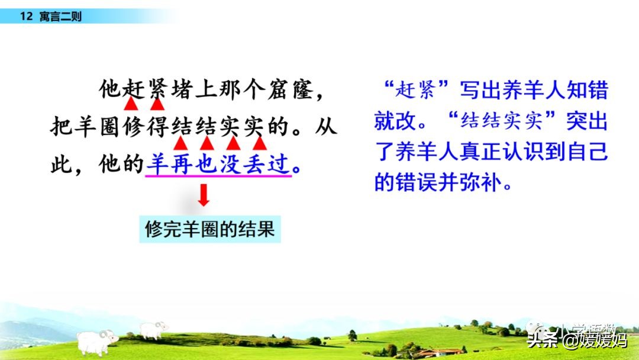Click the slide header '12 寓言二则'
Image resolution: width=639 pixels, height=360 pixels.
tap(50, 17)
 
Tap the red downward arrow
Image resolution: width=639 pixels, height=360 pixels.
tap(204, 195)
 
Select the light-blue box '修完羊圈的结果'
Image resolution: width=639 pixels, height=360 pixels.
tap(210, 229)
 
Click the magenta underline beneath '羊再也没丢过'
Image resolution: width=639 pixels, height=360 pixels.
tap(218, 176)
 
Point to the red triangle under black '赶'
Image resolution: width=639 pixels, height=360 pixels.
tap(130, 104)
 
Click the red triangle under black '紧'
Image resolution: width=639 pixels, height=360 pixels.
tap(157, 104)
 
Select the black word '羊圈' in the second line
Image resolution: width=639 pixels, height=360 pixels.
tap(86, 127)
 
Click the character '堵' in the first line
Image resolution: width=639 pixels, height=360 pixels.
tap(182, 89)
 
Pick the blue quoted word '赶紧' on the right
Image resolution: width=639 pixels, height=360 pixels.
tap(416, 89)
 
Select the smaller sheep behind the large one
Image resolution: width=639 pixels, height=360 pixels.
tap(153, 330)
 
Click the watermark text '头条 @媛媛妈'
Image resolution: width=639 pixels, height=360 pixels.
tap(577, 340)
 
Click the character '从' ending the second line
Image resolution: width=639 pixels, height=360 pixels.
tap(325, 127)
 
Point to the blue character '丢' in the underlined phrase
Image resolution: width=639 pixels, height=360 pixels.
tap(254, 164)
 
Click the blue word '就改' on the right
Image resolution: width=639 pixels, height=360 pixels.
tap(395, 121)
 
